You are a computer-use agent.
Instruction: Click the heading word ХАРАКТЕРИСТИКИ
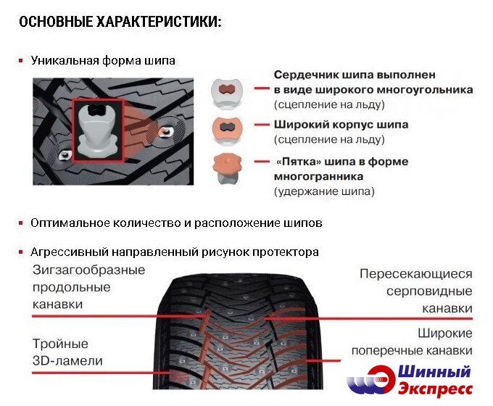[x=159, y=22]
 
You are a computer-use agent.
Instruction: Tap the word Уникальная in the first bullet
[x=65, y=60]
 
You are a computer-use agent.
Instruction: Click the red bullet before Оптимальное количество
[x=21, y=223]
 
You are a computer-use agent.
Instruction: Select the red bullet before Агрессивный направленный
[x=21, y=252]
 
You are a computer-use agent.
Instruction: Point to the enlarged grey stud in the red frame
[x=97, y=131]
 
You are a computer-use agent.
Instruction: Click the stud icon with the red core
[x=227, y=93]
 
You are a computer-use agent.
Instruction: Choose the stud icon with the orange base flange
[x=227, y=169]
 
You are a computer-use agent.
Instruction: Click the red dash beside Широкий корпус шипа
[x=262, y=125]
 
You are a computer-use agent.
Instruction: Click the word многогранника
[x=318, y=177]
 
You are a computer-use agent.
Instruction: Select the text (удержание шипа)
[x=324, y=191]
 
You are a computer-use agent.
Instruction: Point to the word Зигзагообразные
[x=88, y=270]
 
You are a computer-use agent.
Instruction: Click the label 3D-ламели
[x=67, y=361]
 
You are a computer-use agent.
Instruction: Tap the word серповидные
[x=429, y=291]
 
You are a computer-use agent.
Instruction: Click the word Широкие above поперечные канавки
[x=445, y=333]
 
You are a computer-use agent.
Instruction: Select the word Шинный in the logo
[x=434, y=372]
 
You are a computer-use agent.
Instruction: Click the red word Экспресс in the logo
[x=436, y=389]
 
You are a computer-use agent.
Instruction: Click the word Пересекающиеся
[x=416, y=274]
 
